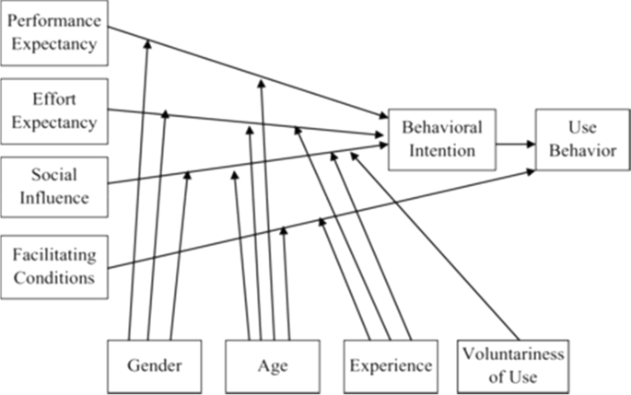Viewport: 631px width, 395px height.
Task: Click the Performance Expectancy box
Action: click(53, 33)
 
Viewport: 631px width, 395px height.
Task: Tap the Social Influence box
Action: click(53, 184)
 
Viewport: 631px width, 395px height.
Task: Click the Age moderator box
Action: click(273, 366)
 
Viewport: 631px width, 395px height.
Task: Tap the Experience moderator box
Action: click(391, 366)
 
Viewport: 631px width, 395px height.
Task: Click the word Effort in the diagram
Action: click(53, 99)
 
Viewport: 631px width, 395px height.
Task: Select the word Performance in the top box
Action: click(53, 21)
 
